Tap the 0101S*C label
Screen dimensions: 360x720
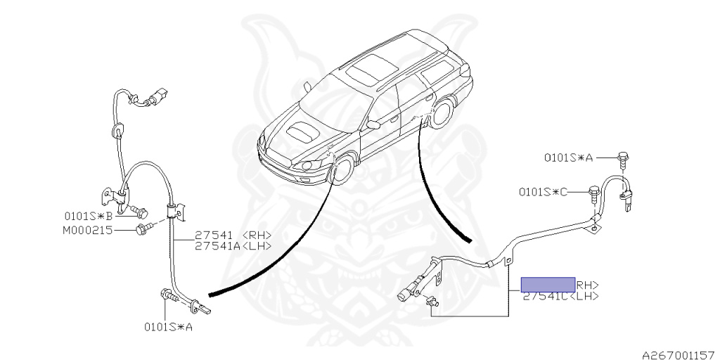pyautogui.click(x=543, y=191)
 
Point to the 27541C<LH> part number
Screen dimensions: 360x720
pyautogui.click(x=560, y=297)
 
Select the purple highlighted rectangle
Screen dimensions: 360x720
pyautogui.click(x=548, y=284)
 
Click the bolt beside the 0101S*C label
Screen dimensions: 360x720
pyautogui.click(x=595, y=191)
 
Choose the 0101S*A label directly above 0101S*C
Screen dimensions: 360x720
pyautogui.click(x=568, y=158)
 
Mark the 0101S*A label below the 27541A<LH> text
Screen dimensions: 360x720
pyautogui.click(x=169, y=326)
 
